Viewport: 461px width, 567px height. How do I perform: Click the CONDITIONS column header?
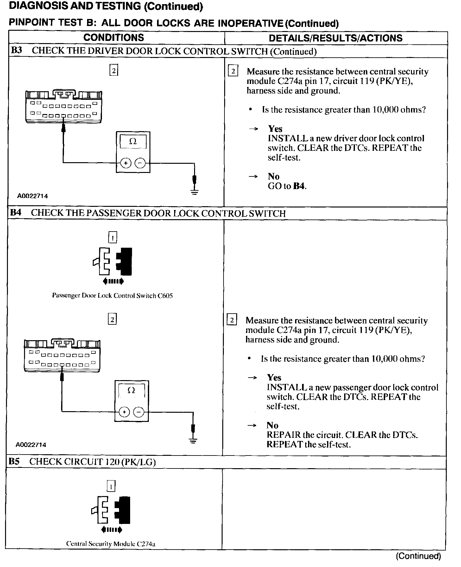[114, 38]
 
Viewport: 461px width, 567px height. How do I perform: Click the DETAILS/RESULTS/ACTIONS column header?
[335, 38]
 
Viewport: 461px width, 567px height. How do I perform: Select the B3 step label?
[16, 51]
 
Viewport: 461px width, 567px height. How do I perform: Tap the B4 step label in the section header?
[16, 213]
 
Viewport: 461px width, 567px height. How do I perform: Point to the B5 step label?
[14, 462]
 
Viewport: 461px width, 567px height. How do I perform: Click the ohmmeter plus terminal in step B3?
[126, 163]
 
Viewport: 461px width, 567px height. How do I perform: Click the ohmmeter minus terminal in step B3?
[140, 163]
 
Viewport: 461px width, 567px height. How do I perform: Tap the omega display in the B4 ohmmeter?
[131, 390]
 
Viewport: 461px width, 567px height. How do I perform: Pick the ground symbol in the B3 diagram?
[194, 190]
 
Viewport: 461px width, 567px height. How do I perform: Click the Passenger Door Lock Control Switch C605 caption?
[112, 296]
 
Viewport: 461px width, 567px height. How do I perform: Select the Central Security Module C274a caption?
[111, 544]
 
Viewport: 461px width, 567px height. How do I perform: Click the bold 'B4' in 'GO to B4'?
[299, 186]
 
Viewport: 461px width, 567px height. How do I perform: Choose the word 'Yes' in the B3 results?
[275, 129]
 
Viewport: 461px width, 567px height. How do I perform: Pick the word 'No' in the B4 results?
[272, 425]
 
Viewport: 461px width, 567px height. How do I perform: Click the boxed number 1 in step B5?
[111, 486]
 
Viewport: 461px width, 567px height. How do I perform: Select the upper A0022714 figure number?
[33, 196]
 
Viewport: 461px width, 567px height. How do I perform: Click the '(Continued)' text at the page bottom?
[418, 556]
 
